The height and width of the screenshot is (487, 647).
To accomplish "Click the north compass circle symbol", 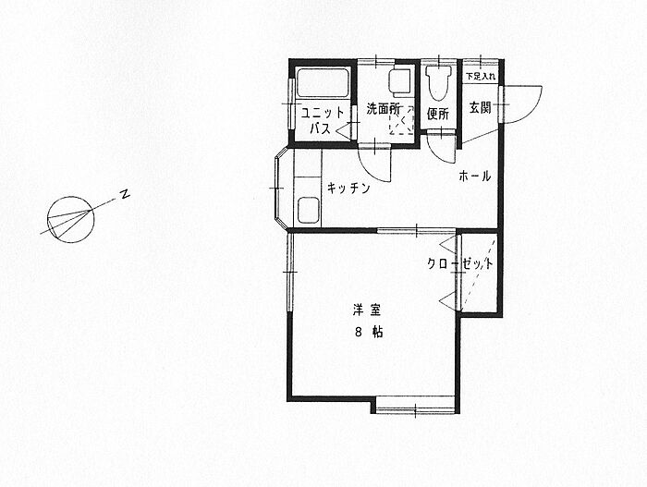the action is pos(71,219).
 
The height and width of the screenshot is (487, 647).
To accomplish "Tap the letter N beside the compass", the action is pos(123,195).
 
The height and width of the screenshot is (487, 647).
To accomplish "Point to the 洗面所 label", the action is pos(383,109).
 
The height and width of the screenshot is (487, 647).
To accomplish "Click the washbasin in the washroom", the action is pos(400,81).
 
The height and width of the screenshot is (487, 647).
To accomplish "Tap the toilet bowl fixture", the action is pos(438,83).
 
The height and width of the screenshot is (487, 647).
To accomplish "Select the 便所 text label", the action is pos(438,115).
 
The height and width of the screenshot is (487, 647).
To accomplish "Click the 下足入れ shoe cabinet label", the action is pos(480,76).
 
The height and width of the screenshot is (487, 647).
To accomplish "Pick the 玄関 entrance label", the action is pos(480,108).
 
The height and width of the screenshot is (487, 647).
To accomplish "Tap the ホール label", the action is pos(474,177).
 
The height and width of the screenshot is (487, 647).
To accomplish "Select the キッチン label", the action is pos(348,189).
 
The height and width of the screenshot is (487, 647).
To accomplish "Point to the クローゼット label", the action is pos(460,263).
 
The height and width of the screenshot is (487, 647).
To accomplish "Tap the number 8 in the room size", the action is pos(357,332).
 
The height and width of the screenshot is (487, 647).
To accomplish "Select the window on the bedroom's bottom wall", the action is pos(416,406).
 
